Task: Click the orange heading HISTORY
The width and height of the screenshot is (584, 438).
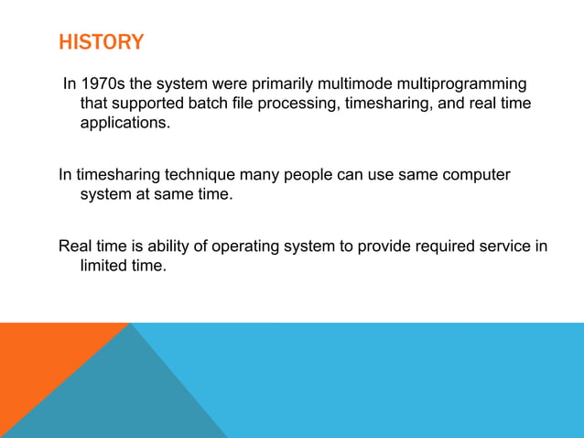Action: [101, 42]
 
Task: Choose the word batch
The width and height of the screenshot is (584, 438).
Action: [206, 104]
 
